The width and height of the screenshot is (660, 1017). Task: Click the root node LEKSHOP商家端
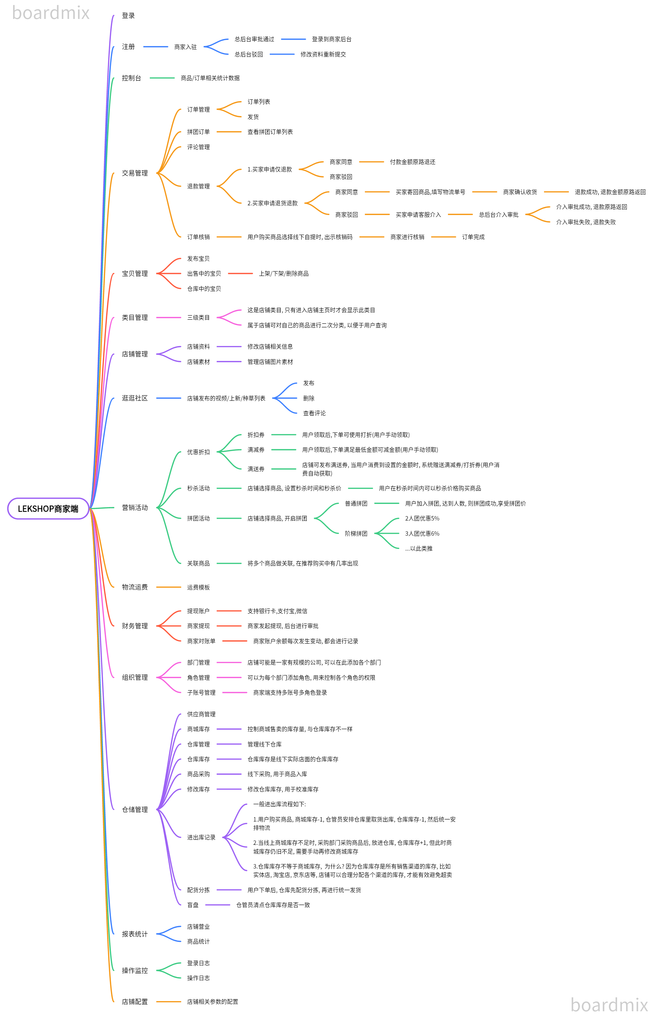[x=48, y=509]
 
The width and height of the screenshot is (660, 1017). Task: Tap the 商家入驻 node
[x=185, y=47]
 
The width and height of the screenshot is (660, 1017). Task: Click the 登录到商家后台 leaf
[x=331, y=39]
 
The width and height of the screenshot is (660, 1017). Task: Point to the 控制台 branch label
[x=131, y=78]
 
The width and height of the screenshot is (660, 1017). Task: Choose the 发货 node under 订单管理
[x=253, y=117]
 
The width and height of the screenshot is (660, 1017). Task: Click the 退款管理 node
[x=198, y=186]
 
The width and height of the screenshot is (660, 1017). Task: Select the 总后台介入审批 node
[x=498, y=214]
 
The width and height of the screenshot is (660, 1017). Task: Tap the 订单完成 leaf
[x=473, y=237]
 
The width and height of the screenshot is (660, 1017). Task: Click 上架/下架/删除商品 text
[x=284, y=274]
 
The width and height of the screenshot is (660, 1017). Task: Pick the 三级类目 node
[x=198, y=318]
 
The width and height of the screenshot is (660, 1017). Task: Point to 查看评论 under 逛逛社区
[x=314, y=413]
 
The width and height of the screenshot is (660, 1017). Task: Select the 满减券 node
[x=256, y=449]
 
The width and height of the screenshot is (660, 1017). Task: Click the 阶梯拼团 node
[x=356, y=533]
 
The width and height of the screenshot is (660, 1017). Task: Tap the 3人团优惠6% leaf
[x=422, y=533]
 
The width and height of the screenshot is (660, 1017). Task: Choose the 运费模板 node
[x=198, y=587]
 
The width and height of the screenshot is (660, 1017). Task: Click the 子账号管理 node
[x=201, y=692]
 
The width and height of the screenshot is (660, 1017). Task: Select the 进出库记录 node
[x=201, y=837]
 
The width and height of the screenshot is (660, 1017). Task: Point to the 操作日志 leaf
[x=198, y=978]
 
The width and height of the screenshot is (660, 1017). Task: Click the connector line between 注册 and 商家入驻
[x=156, y=47]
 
